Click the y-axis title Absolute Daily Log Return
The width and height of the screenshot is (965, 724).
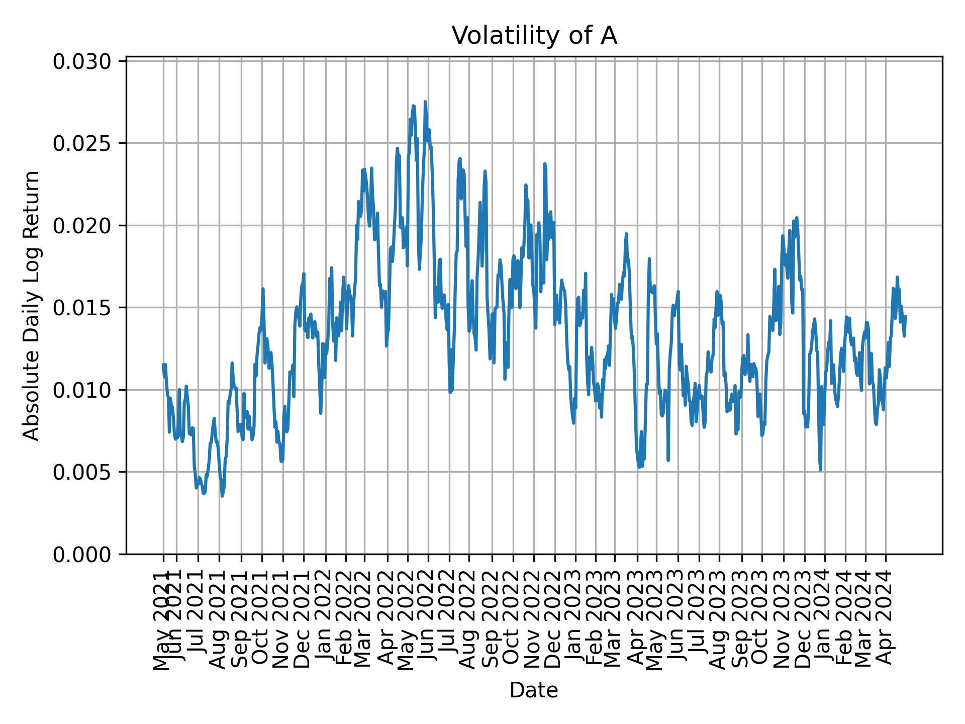click(x=32, y=305)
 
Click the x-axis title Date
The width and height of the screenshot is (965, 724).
click(x=534, y=690)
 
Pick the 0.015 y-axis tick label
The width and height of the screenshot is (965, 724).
click(x=82, y=308)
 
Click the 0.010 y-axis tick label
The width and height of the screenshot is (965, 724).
click(x=82, y=390)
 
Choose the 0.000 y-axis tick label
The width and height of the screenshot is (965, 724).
click(x=82, y=554)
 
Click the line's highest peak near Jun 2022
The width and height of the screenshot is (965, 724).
click(x=425, y=102)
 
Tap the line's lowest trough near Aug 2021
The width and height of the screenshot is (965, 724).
click(x=222, y=496)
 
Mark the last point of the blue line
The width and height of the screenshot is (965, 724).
click(x=905, y=316)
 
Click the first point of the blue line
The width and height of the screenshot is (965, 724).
click(x=163, y=364)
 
